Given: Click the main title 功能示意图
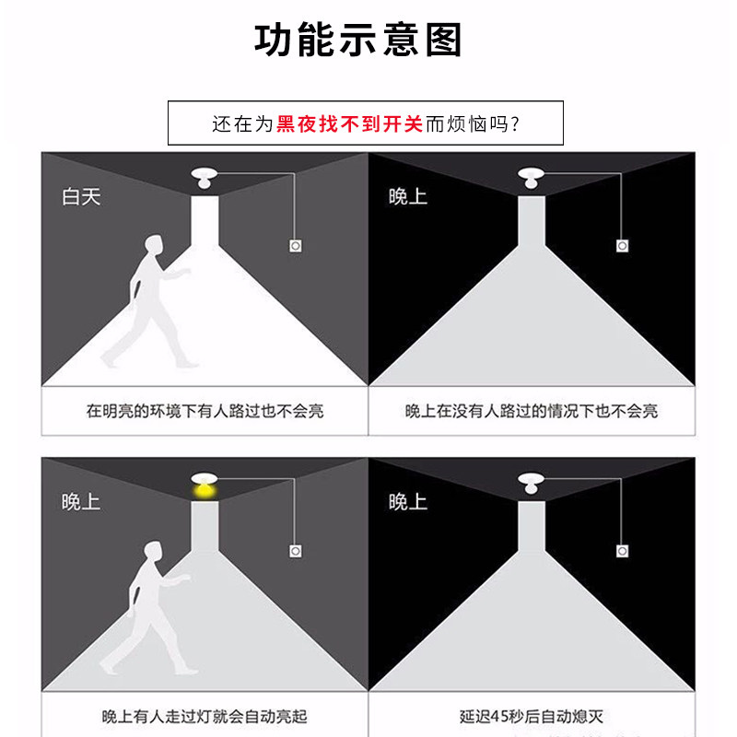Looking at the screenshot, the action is tap(357, 40).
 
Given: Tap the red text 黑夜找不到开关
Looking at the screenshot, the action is tap(349, 124).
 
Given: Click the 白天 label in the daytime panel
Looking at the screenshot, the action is tap(81, 196).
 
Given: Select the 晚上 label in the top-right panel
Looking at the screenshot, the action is tap(408, 196).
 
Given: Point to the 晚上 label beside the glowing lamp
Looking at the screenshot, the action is tap(81, 502).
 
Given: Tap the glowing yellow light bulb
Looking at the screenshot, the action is tap(205, 492).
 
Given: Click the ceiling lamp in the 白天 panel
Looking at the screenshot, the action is tap(204, 178).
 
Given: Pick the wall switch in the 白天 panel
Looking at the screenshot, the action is tap(295, 246).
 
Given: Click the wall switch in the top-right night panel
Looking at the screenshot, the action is tap(623, 246).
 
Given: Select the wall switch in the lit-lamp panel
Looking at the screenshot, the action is tap(295, 551).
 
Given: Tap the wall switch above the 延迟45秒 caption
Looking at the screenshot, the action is tap(623, 551).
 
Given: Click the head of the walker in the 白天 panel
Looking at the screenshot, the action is tap(154, 244).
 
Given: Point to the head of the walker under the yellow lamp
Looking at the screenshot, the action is tap(153, 551).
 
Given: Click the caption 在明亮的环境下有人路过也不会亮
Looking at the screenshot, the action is tap(205, 411).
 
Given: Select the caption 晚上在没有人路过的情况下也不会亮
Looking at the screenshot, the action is tap(532, 411).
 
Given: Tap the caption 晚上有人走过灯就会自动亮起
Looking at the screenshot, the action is tap(205, 717).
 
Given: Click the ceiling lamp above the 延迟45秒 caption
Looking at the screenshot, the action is tap(532, 484).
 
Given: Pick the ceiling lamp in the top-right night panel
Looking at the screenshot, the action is tap(532, 178).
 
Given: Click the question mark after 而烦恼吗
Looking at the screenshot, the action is tap(515, 124).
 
